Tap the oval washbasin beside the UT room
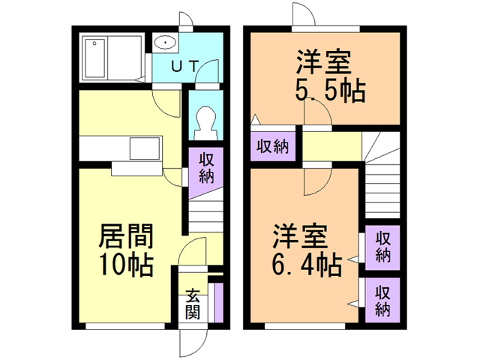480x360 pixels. [165, 43]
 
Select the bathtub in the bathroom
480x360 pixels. [95, 58]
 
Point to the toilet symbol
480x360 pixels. [205, 122]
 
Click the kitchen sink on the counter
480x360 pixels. [145, 148]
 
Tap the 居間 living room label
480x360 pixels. [126, 236]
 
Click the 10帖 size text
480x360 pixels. [127, 265]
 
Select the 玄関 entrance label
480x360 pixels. [193, 304]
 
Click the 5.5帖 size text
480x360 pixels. [330, 91]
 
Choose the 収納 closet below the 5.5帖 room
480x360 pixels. [273, 146]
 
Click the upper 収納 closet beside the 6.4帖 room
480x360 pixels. [382, 247]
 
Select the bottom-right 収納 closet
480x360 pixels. [382, 300]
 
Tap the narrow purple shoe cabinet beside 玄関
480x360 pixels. [218, 302]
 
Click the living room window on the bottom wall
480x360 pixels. [125, 326]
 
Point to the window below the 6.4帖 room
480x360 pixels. [305, 326]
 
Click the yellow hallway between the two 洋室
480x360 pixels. [331, 146]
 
